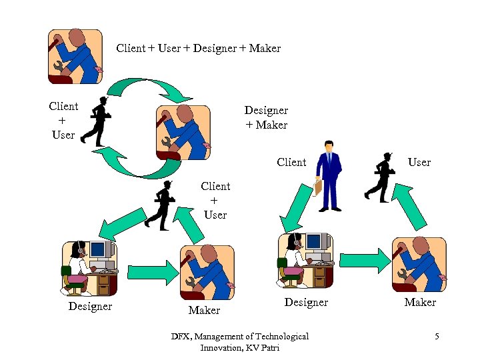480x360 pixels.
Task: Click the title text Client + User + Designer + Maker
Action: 198,48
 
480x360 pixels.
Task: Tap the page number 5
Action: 436,336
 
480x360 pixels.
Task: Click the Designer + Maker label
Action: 266,117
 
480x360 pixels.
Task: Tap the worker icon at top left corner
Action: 75,56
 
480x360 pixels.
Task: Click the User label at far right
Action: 419,162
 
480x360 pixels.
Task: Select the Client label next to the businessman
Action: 291,162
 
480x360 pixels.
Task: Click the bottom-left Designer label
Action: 90,306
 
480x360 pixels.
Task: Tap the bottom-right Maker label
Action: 420,303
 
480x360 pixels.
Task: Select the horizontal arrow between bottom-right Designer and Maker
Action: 363,261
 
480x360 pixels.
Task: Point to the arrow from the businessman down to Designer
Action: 294,209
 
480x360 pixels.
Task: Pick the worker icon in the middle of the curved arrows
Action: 182,132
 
